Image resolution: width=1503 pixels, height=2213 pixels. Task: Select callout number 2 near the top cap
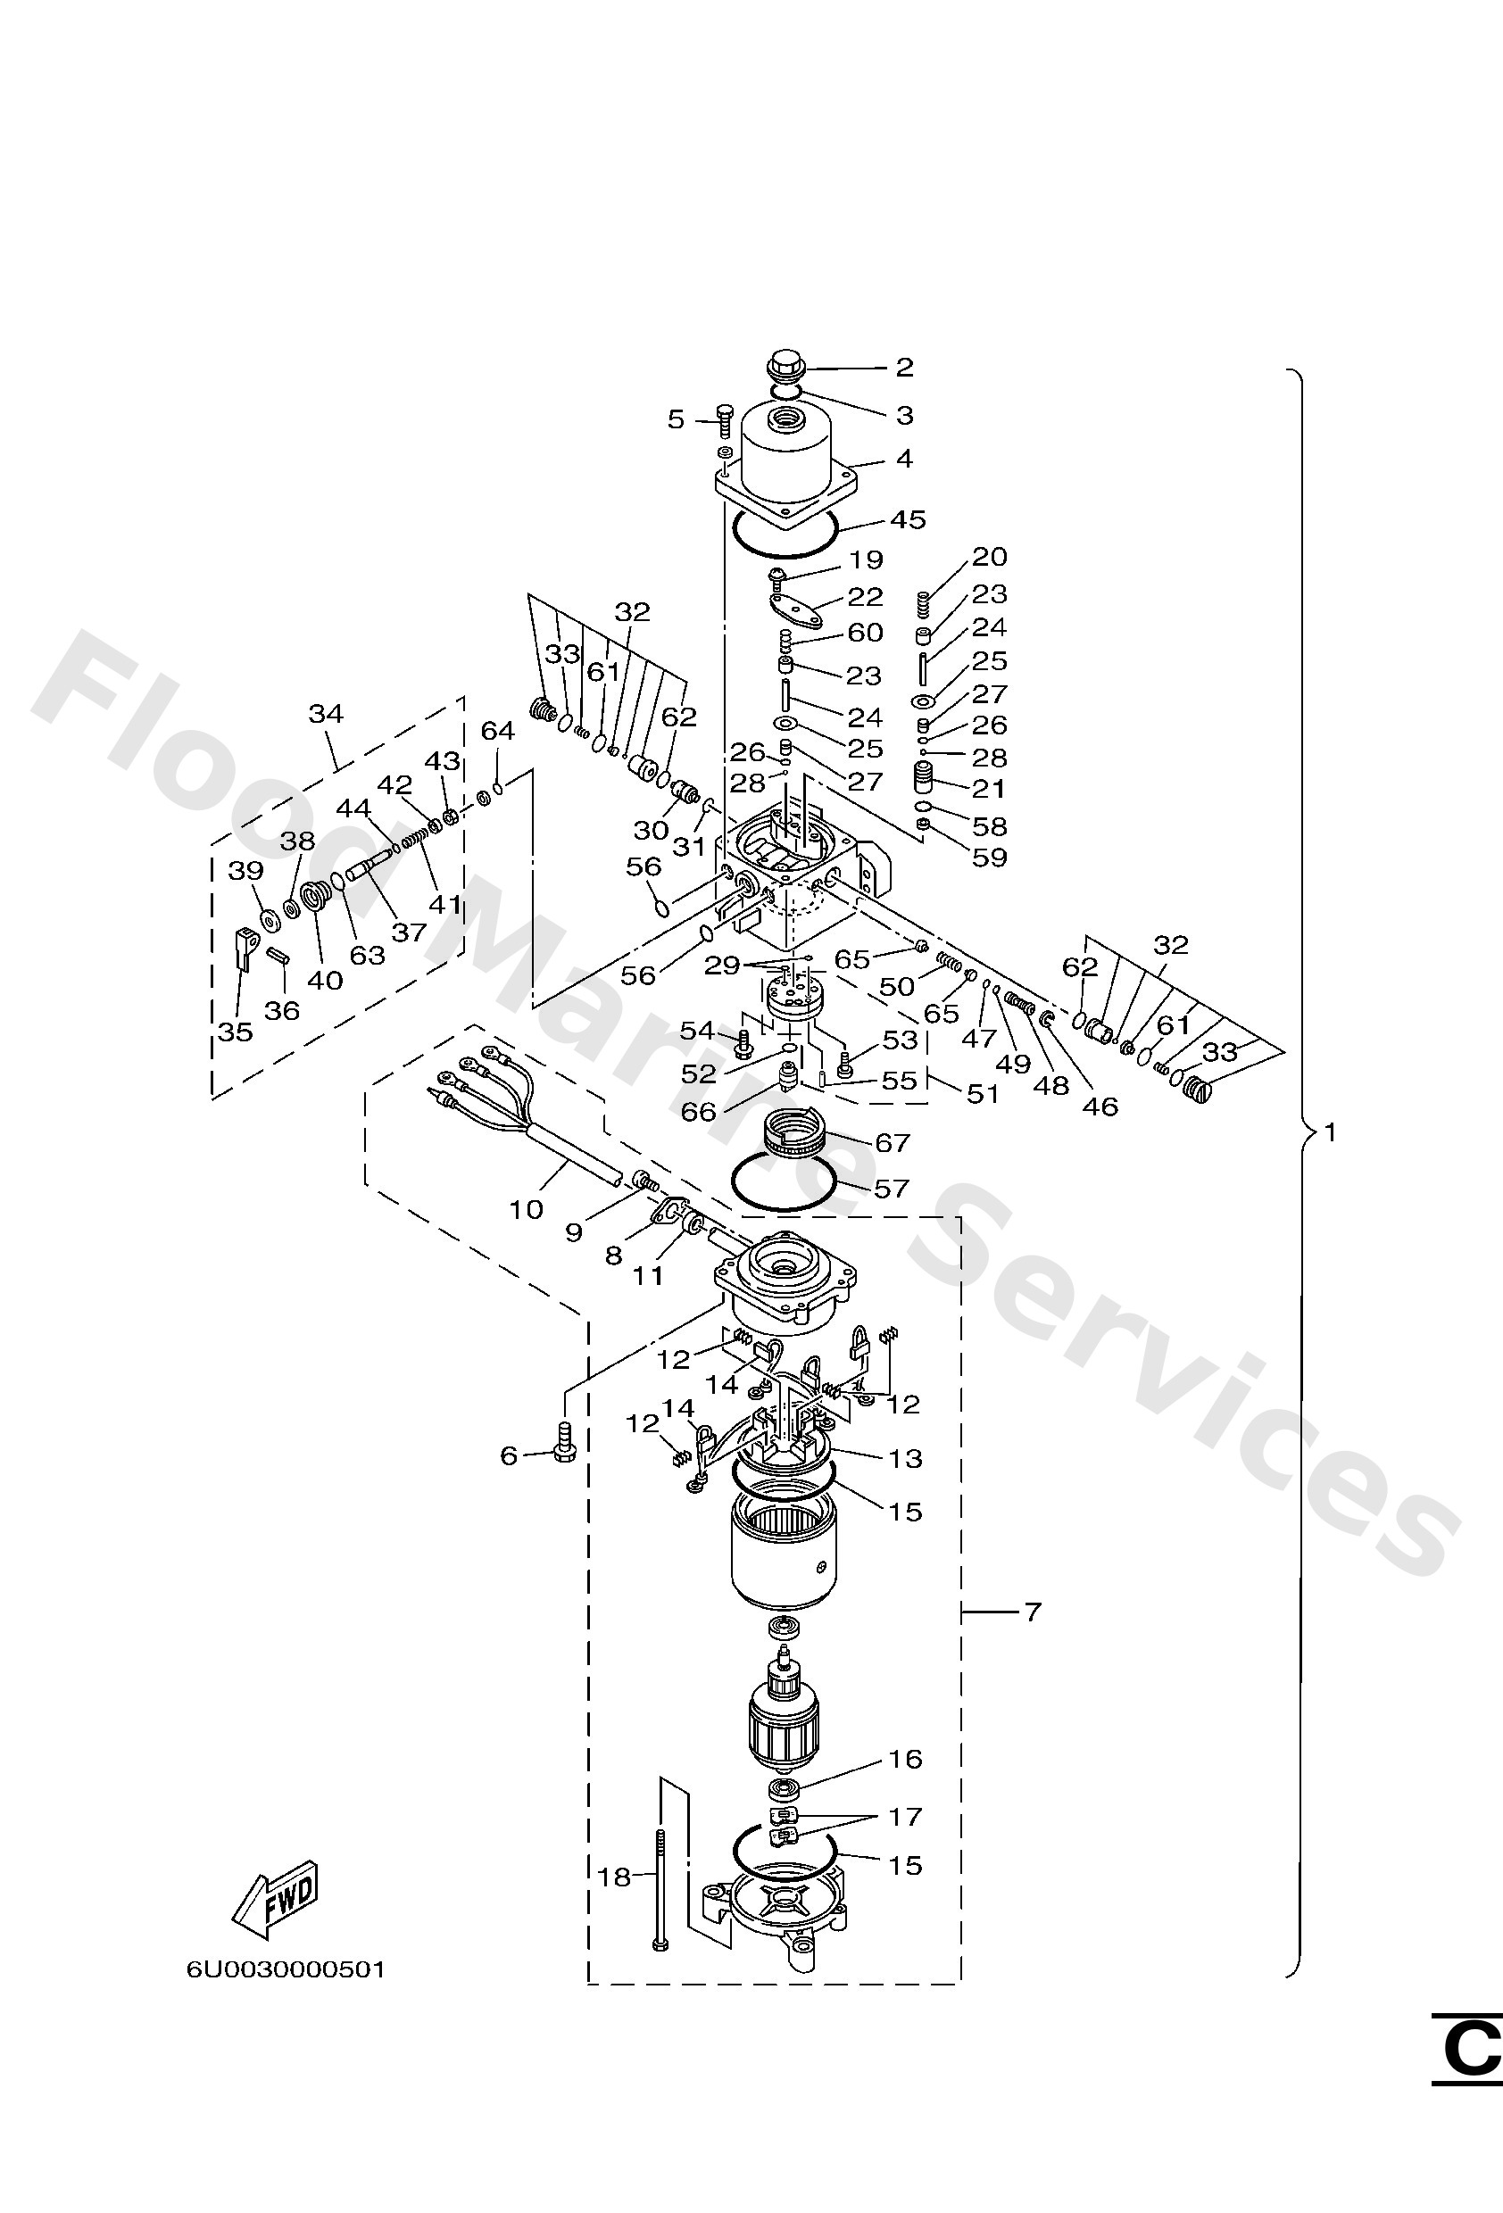click(x=904, y=368)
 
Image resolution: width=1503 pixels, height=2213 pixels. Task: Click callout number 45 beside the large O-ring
click(x=907, y=520)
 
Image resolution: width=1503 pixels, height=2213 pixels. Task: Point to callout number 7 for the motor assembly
click(x=1033, y=1612)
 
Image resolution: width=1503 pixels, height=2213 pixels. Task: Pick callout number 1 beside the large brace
click(x=1331, y=1132)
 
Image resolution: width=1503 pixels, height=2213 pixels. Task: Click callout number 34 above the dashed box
click(x=326, y=713)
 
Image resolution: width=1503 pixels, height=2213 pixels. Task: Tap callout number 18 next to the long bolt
click(x=614, y=1877)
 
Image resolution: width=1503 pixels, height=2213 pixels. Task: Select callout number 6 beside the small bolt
click(x=510, y=1455)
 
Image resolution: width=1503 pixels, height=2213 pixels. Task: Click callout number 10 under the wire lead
click(x=526, y=1209)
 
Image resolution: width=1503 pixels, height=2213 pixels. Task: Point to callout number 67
click(x=893, y=1141)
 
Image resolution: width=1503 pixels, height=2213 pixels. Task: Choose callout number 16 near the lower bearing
click(x=906, y=1759)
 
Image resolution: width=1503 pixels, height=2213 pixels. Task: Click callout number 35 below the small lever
click(x=236, y=1032)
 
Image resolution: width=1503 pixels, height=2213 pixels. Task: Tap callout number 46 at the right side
click(x=1100, y=1106)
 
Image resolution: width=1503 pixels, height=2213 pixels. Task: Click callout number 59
click(x=989, y=857)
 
